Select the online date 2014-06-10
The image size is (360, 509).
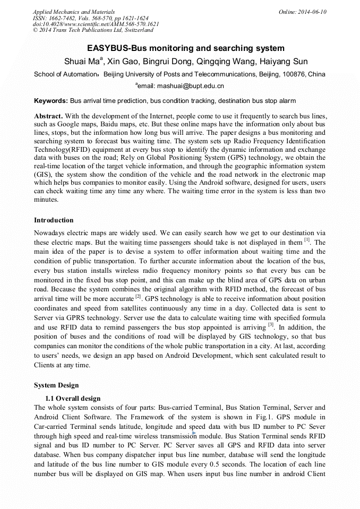(x=313, y=12)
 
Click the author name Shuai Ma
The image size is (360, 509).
(x=80, y=61)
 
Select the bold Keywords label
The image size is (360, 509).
(x=51, y=100)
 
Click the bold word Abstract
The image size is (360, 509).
(x=48, y=116)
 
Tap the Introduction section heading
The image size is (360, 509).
(x=54, y=220)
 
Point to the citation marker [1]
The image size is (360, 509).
(x=307, y=240)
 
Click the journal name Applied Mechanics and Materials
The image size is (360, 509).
(x=74, y=12)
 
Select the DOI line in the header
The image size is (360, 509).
(x=96, y=24)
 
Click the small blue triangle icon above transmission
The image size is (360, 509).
(x=194, y=433)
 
